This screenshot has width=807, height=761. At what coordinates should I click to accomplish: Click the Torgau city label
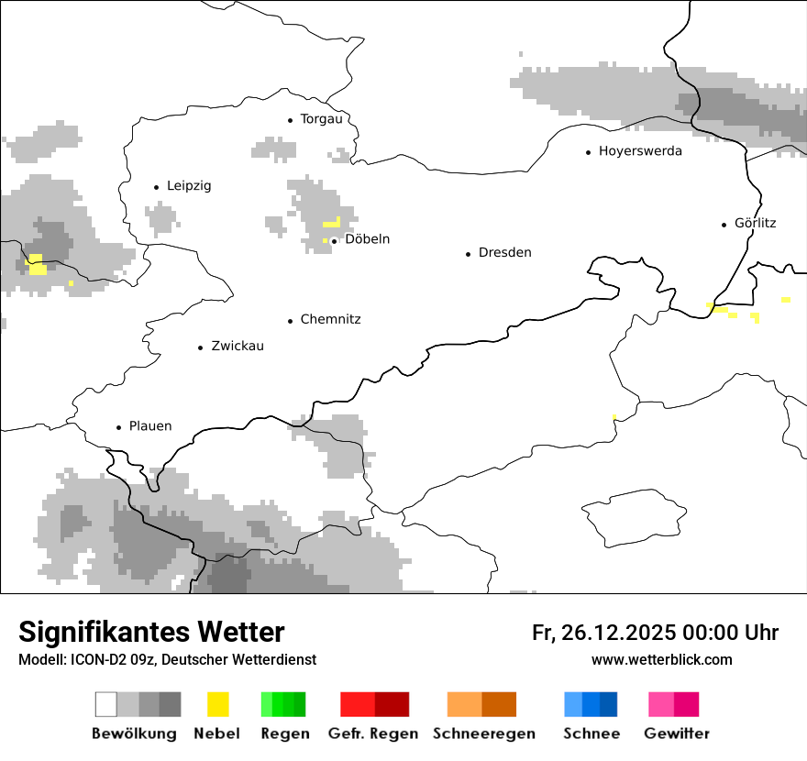pyautogui.click(x=321, y=119)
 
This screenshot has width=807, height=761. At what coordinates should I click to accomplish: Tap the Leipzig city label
pyautogui.click(x=189, y=186)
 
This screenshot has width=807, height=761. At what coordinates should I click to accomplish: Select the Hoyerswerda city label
pyautogui.click(x=640, y=151)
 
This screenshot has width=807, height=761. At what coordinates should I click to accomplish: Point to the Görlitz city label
pyautogui.click(x=756, y=223)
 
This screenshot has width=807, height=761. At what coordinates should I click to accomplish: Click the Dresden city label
pyautogui.click(x=504, y=253)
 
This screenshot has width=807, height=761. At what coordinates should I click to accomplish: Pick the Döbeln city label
pyautogui.click(x=367, y=239)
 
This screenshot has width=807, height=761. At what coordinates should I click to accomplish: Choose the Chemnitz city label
pyautogui.click(x=330, y=320)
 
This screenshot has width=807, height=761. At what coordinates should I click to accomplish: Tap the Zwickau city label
pyautogui.click(x=238, y=347)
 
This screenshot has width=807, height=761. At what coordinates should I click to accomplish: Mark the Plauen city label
pyautogui.click(x=150, y=426)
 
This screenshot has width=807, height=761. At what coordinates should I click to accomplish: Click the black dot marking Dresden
pyautogui.click(x=469, y=254)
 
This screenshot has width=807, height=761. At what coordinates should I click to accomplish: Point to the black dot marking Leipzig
pyautogui.click(x=157, y=187)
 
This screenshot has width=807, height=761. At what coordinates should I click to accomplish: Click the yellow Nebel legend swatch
pyautogui.click(x=217, y=704)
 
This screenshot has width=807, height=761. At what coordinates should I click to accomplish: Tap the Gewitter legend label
pyautogui.click(x=676, y=733)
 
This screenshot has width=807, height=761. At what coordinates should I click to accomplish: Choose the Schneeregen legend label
pyautogui.click(x=483, y=733)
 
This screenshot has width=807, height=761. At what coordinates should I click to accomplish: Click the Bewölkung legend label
pyautogui.click(x=134, y=733)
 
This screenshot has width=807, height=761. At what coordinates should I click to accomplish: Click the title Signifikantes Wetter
pyautogui.click(x=151, y=632)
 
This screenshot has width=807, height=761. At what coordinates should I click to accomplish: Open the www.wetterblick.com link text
pyautogui.click(x=661, y=659)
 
